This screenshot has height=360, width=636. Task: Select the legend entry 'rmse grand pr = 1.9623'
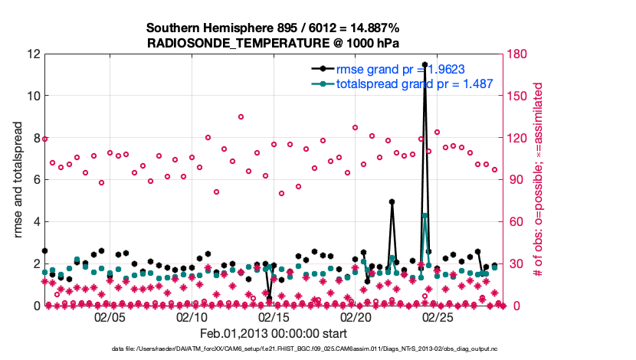tap(407, 68)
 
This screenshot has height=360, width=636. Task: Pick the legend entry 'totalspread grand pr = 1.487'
tap(414, 83)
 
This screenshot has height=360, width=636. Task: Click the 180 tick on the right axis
tap(518, 54)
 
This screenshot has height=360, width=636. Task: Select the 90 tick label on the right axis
tap(515, 180)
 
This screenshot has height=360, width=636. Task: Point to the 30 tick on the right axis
tap(515, 264)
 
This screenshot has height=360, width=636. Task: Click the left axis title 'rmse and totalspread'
tap(17, 180)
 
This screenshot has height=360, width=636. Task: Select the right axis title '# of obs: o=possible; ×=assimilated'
tap(539, 180)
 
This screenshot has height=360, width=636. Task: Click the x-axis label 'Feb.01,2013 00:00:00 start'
tap(273, 334)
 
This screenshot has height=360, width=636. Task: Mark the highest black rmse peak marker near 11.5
tap(425, 64)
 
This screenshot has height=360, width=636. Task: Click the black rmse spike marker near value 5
tap(392, 202)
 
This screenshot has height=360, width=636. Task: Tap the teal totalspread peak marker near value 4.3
tap(425, 216)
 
